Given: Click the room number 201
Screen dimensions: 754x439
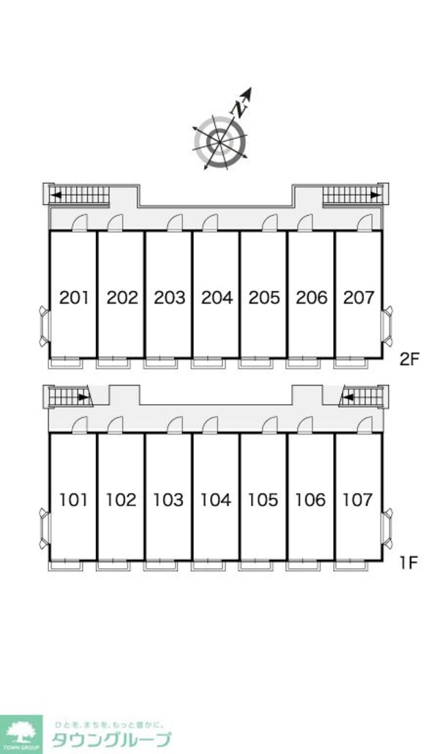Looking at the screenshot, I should pos(74,298).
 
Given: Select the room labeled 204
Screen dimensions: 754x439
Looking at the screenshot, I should pos(217,298).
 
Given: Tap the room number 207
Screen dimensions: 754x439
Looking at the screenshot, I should pos(359,298).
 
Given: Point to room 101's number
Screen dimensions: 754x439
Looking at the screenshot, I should pos(74,500).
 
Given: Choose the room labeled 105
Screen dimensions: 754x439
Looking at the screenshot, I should pos(263,500).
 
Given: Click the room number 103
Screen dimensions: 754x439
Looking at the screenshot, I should pos(168,500).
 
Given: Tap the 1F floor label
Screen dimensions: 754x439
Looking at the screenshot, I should pos(408,562).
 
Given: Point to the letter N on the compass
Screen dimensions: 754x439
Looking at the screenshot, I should pos(239,109).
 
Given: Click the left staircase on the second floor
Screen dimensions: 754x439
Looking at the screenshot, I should pos(80,195).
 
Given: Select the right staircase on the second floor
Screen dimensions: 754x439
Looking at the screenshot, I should pos(351,195).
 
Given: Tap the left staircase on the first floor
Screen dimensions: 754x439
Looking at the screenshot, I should pos(69,397).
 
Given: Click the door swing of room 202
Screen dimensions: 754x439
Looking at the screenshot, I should pos(115,222).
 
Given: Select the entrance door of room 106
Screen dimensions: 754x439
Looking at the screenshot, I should pos(305,425).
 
